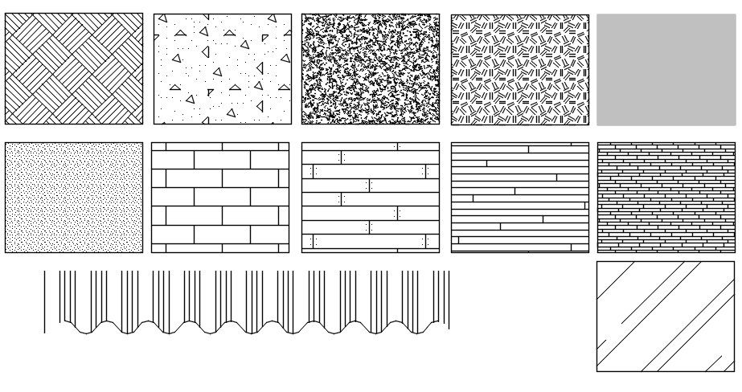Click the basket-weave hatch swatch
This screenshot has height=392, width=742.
(74, 69)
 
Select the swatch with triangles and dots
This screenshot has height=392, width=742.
(222, 69)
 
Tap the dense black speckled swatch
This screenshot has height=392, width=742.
(371, 69)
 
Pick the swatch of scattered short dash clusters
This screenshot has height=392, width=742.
(519, 69)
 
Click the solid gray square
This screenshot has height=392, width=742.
(666, 69)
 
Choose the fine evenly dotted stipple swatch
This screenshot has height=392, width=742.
(74, 198)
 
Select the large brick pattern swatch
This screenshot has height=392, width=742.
(220, 198)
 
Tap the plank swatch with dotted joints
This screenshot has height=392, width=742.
(371, 198)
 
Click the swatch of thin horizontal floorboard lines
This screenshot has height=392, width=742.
(519, 198)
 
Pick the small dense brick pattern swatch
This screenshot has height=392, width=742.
(666, 198)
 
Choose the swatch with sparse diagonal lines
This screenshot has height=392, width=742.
(666, 316)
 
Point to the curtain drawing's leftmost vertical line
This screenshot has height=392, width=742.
(44, 301)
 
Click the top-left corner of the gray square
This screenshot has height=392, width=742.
(597, 14)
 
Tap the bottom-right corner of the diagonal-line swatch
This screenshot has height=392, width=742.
(734, 371)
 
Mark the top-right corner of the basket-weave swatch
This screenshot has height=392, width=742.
(142, 14)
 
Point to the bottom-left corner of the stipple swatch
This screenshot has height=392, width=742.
(6, 252)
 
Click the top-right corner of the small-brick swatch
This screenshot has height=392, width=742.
(735, 143)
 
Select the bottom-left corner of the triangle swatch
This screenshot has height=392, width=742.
(154, 124)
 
